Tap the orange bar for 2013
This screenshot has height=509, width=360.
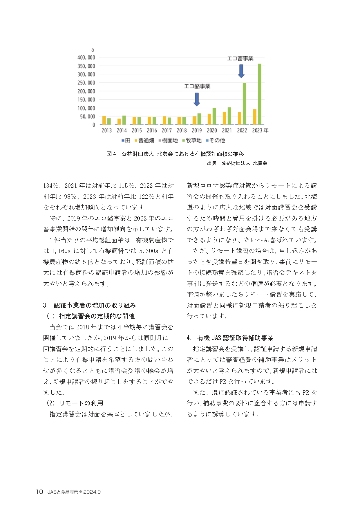click(104, 120)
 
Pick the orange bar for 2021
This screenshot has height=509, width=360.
click(225, 118)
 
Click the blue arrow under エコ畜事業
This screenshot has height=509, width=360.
click(241, 71)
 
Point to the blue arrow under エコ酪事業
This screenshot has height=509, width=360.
click(197, 99)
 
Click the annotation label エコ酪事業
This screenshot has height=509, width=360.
click(197, 86)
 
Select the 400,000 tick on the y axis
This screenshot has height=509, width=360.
click(86, 57)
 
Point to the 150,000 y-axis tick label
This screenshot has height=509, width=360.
click(86, 100)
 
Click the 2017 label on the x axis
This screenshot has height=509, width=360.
click(167, 131)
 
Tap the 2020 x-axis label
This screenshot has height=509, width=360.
click(212, 131)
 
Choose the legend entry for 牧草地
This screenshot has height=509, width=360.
click(192, 140)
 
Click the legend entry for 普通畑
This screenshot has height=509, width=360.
click(144, 140)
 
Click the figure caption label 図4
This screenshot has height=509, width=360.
click(111, 154)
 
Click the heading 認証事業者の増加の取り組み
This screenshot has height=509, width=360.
click(95, 305)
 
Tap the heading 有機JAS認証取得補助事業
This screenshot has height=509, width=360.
click(235, 338)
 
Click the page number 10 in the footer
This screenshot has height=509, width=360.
click(39, 492)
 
